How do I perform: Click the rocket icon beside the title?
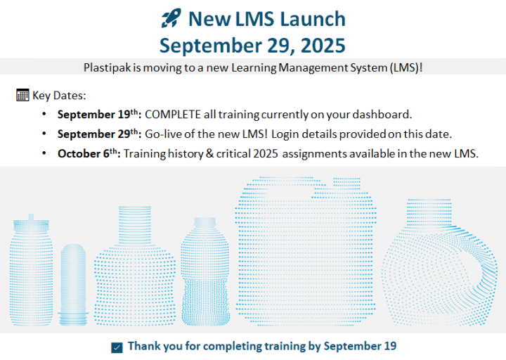coord(171,18)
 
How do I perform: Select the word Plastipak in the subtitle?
coord(108,67)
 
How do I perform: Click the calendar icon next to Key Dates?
coord(22,95)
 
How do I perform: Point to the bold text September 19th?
coord(99,115)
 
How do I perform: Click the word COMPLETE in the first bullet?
coord(173,115)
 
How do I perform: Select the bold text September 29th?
coord(99,134)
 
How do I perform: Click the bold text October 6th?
coord(89,153)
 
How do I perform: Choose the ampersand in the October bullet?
coord(209,153)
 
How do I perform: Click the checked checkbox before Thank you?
coord(117,348)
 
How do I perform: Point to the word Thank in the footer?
coord(144,346)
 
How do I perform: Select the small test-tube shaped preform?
coord(73,285)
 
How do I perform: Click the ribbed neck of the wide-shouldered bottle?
coord(135,226)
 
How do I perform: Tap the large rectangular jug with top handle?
coord(306,251)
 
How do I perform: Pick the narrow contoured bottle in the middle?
coord(205,271)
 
